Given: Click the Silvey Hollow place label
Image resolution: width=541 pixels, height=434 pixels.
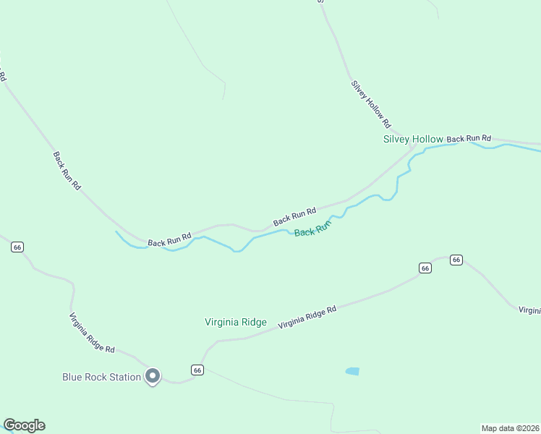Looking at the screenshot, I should click(x=412, y=139).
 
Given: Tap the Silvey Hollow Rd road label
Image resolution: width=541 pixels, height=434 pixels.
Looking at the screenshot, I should click(x=371, y=103).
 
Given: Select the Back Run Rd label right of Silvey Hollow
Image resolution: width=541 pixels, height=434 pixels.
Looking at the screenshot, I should click(x=469, y=138).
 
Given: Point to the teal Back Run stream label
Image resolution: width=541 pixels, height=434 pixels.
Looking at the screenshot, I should click(x=312, y=229).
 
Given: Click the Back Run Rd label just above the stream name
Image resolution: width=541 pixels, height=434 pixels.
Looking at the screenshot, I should click(x=294, y=216).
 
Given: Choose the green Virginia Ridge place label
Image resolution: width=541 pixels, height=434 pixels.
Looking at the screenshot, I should click(x=236, y=323).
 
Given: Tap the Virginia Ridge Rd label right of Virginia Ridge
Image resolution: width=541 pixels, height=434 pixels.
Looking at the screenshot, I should click(x=307, y=317).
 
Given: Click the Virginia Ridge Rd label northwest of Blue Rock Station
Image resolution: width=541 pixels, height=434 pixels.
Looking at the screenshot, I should click(x=92, y=333).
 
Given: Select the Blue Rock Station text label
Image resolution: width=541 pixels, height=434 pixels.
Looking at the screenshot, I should click(x=101, y=377).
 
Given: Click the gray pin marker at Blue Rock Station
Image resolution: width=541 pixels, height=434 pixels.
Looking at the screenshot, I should click(x=153, y=376).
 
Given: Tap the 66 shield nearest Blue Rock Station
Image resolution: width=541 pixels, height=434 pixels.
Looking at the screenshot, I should click(x=197, y=370).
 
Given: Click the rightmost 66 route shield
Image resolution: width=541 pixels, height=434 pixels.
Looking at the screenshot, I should click(x=456, y=260).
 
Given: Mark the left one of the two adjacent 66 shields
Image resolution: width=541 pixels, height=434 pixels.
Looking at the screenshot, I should click(x=425, y=268).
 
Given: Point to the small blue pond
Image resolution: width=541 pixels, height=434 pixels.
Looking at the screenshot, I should click(x=352, y=371).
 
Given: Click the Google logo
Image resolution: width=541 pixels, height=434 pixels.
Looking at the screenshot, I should click(x=24, y=425).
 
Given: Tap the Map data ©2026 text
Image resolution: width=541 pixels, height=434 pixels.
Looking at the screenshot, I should click(x=511, y=427).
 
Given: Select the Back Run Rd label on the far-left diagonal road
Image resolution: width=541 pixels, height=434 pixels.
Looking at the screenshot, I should click(x=67, y=171).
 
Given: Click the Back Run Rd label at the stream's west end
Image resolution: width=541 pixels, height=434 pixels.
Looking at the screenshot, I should click(x=169, y=239).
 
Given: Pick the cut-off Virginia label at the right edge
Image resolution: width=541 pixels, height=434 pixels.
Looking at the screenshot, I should click(x=530, y=310).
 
